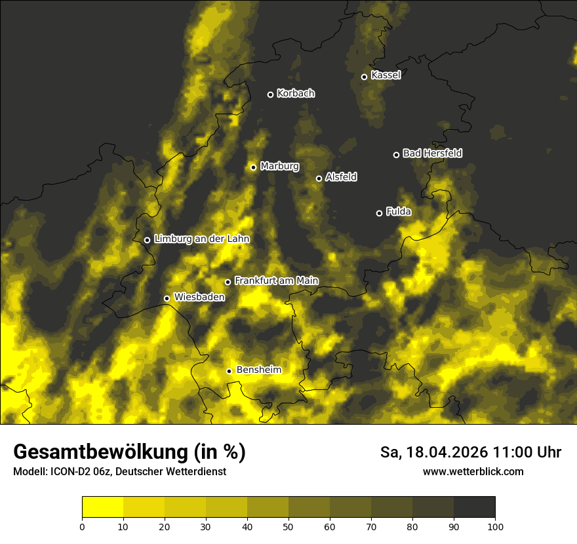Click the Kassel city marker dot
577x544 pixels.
coord(364,77)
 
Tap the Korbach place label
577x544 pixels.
coord(296,94)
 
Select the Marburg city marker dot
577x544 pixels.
coord(253,167)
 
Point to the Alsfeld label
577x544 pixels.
coord(341,177)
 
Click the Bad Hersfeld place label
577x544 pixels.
coord(432,153)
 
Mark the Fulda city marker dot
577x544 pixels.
coord(379,213)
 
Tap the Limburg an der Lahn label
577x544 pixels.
coord(202,239)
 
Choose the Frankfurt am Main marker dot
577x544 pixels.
coord(228,282)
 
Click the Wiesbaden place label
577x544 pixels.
coord(199,298)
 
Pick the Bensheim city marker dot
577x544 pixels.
coord(229,371)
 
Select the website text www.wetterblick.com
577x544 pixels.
coord(473,471)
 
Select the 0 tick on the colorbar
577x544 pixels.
coord(82,526)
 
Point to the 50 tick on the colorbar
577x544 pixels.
coord(288,526)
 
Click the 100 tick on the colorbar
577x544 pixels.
coord(495,526)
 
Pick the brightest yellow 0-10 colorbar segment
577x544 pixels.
coord(102,507)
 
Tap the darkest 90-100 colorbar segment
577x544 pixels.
coord(474,507)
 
